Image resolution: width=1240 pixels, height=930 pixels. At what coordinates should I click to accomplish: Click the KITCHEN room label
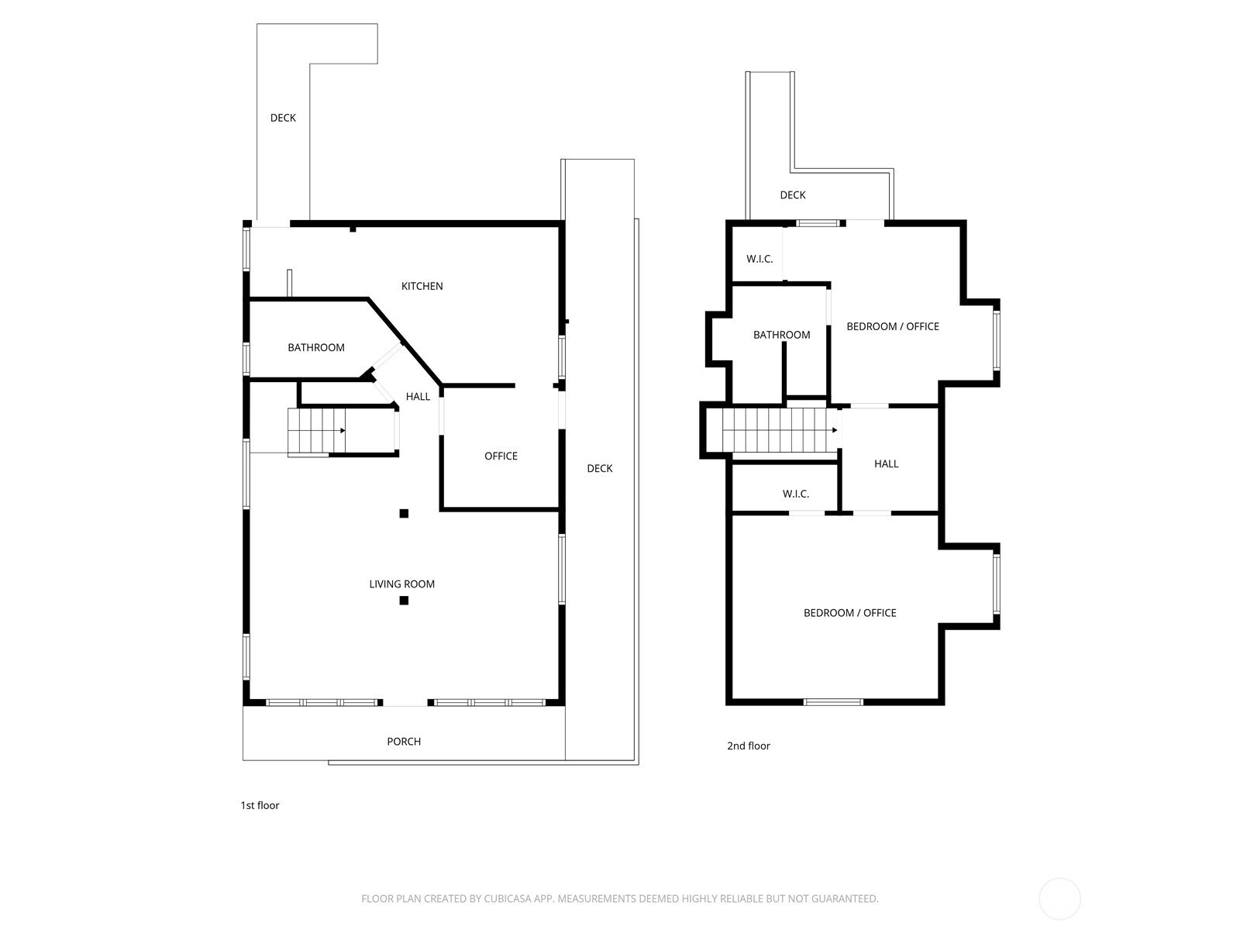coord(422,286)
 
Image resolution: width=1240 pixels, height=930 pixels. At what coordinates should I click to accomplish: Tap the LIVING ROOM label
coord(402,584)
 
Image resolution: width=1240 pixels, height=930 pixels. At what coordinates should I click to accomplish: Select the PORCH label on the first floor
coord(404,742)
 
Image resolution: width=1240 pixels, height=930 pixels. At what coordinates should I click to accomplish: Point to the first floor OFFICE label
coord(501,456)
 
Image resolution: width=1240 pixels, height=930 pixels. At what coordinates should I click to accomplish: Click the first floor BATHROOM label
coord(316,347)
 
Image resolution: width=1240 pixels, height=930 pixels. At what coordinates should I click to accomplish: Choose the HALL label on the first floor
coord(418,396)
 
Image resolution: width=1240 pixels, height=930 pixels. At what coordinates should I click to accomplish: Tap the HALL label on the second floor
coord(887,463)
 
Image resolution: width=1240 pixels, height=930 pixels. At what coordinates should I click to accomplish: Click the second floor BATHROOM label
coord(782,335)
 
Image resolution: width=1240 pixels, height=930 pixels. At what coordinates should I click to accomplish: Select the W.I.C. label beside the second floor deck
coord(759,259)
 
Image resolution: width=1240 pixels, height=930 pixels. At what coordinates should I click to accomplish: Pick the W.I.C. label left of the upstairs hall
coord(796,494)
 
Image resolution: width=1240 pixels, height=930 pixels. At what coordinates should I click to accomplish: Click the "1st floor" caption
coord(260,805)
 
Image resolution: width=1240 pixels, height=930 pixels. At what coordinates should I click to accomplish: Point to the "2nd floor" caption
coord(749,746)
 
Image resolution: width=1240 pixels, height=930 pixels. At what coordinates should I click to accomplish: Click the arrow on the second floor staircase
coord(780,430)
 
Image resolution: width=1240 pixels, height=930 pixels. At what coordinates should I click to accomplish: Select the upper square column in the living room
coord(404,513)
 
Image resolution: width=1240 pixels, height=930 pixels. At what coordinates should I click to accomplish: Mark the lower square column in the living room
coord(404,600)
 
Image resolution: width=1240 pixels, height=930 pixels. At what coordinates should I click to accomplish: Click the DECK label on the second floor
coord(793,195)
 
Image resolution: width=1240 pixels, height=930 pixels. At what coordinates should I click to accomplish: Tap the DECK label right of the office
coord(599,468)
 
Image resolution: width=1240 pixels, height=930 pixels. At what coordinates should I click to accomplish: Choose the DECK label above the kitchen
coord(283,118)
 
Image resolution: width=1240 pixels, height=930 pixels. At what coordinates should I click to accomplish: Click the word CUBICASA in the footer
coord(508,898)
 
